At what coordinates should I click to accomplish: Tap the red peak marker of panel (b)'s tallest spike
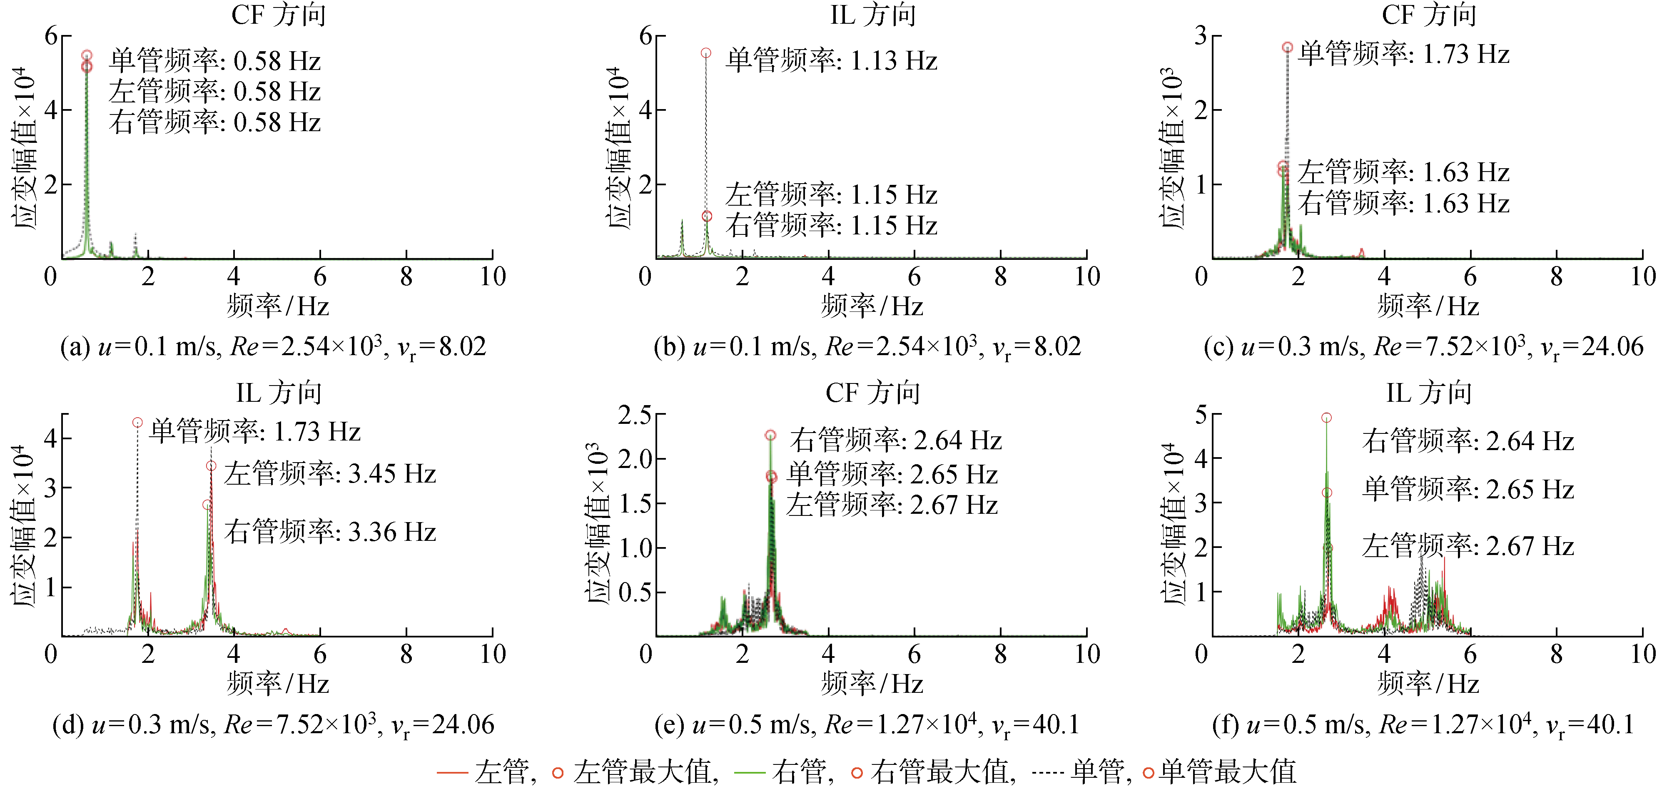pyautogui.click(x=705, y=53)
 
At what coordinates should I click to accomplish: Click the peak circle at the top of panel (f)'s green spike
pyautogui.click(x=1326, y=418)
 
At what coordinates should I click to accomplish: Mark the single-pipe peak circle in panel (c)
pyautogui.click(x=1287, y=47)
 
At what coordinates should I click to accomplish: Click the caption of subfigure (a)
pyautogui.click(x=273, y=347)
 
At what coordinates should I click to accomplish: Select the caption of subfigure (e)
pyautogui.click(x=867, y=725)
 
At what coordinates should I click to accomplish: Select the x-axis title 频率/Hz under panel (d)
pyautogui.click(x=277, y=684)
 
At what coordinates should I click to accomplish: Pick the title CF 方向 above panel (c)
pyautogui.click(x=1429, y=14)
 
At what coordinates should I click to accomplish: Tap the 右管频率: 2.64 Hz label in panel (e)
pyautogui.click(x=895, y=441)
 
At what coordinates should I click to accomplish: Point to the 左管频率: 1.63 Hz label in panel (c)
pyautogui.click(x=1403, y=172)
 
